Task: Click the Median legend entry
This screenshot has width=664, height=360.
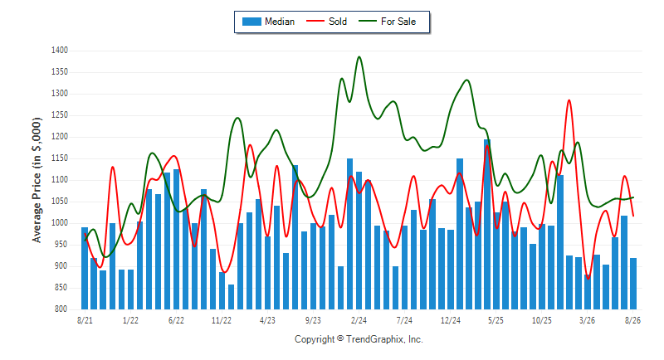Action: click(268, 22)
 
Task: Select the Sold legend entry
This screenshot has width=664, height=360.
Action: click(326, 22)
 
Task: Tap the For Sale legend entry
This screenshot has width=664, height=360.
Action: click(388, 22)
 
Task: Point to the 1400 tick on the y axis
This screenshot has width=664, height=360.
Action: click(60, 51)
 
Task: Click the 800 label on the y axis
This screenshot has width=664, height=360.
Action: click(61, 309)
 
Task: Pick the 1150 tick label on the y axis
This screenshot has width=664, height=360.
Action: click(60, 158)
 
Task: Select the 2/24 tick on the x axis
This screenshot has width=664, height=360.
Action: click(359, 320)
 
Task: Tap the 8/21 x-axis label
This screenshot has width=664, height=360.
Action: click(85, 320)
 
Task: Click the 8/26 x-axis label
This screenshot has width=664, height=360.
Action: click(632, 320)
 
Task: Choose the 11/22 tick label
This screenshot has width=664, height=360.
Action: click(222, 320)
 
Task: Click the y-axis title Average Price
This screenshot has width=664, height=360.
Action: click(37, 180)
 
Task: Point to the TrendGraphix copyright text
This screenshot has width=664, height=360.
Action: click(359, 339)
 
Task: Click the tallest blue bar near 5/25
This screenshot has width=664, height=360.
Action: click(487, 224)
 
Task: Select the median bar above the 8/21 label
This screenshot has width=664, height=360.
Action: click(85, 268)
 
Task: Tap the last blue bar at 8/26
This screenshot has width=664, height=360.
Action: click(633, 284)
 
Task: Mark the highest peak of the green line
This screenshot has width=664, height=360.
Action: click(359, 56)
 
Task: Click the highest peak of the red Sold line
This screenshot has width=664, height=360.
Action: click(569, 100)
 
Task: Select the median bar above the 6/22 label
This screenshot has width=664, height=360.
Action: click(176, 240)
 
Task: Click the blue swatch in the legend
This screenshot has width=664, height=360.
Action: click(251, 22)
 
